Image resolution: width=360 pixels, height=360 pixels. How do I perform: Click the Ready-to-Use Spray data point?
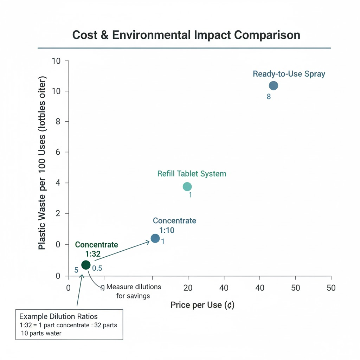[x=273, y=85]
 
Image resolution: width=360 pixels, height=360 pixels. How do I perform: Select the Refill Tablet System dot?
[x=187, y=186]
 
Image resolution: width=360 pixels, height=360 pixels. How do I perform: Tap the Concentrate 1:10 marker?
[x=155, y=238]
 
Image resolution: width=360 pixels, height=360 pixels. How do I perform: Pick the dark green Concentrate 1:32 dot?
[x=86, y=264]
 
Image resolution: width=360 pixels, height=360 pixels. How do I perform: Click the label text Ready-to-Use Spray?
[x=289, y=74]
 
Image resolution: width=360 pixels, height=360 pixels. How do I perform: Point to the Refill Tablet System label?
[x=192, y=174]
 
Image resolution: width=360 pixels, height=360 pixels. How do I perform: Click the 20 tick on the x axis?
[x=188, y=288]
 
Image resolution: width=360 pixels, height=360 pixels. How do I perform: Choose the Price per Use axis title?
[x=202, y=305]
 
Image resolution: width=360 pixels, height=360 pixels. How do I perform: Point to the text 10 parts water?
[x=41, y=333]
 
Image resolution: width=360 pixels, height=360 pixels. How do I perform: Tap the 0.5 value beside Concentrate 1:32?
[x=97, y=268]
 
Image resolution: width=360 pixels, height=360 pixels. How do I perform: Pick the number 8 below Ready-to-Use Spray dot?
[x=269, y=97]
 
